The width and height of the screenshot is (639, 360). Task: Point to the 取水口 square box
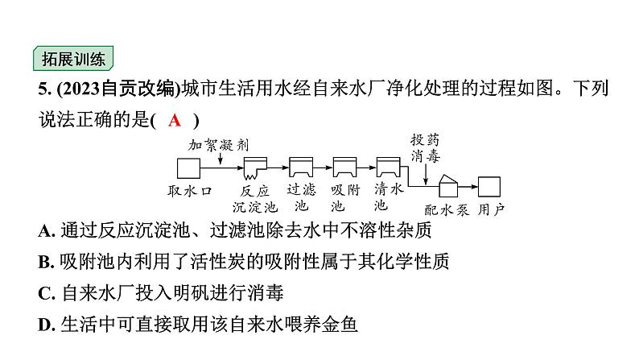tap(188, 168)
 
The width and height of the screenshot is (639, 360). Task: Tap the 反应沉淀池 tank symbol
tap(256, 168)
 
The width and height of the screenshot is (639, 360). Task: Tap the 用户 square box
tap(489, 186)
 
